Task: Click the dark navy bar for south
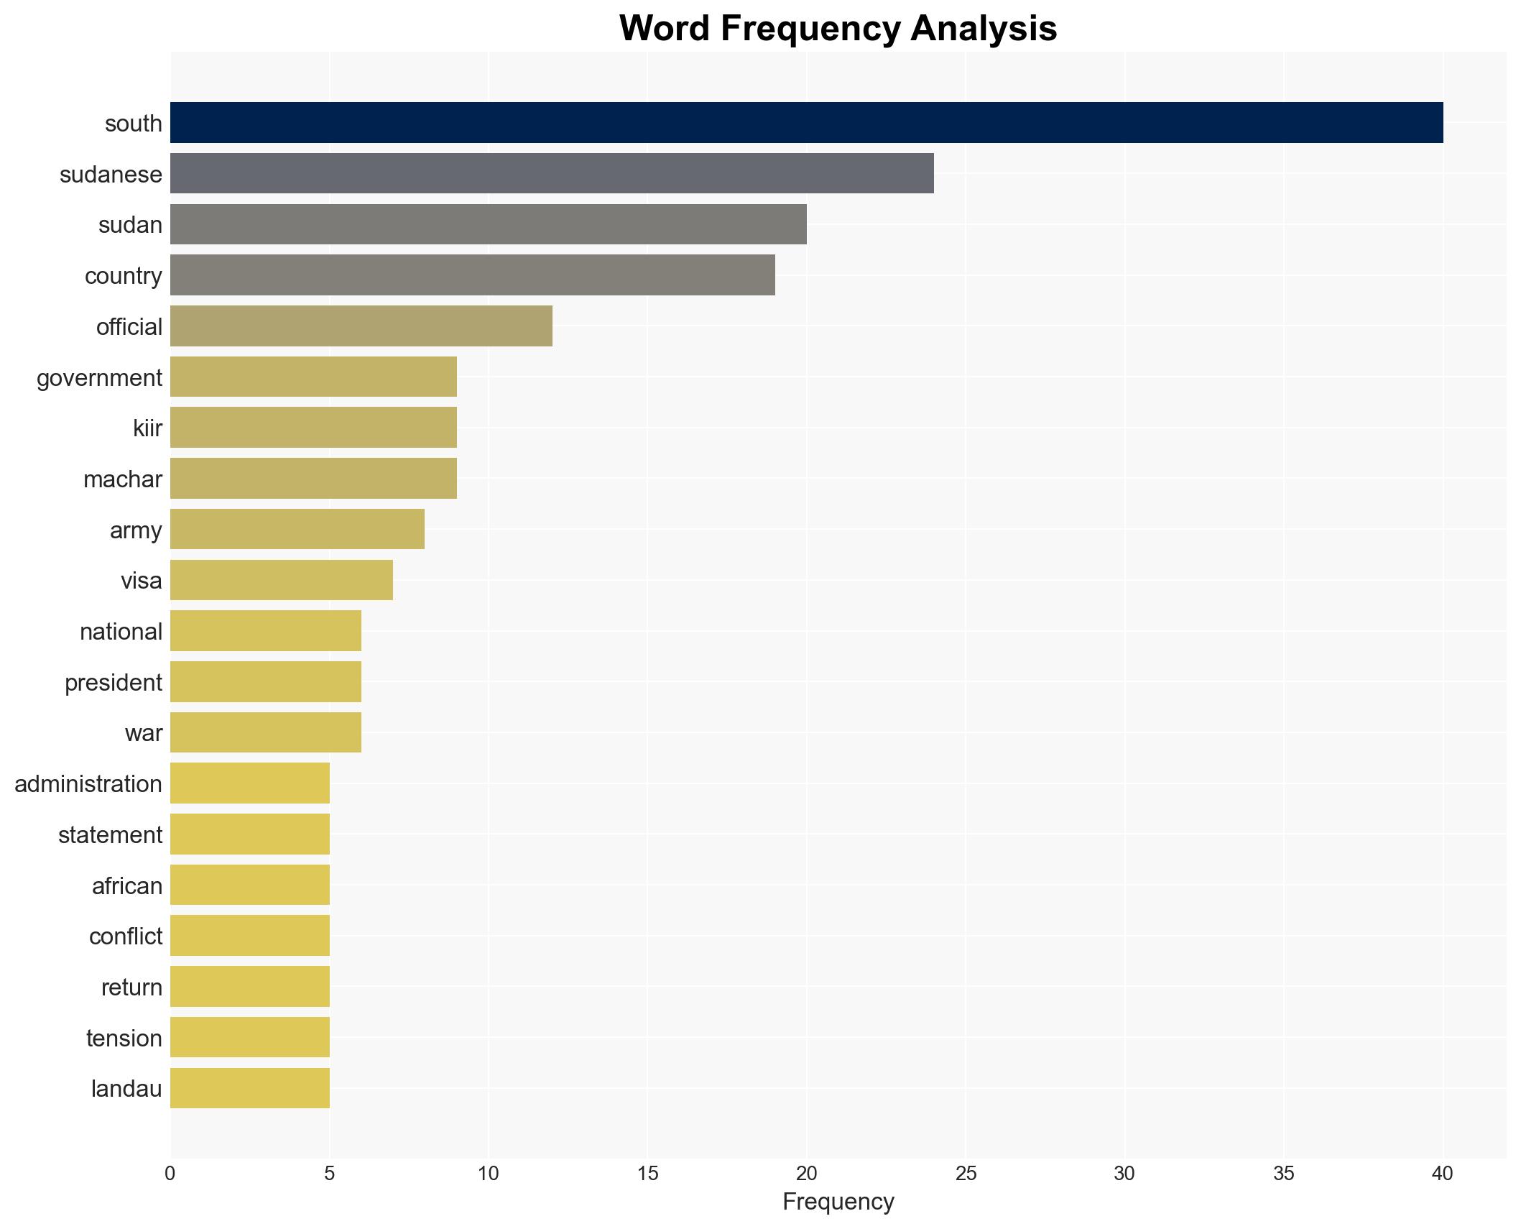point(806,123)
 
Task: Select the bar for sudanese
point(552,174)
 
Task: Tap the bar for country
point(472,275)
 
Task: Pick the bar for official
point(361,326)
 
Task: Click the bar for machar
point(313,479)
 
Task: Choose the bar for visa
point(281,580)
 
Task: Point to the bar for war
point(265,732)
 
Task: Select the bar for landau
point(249,1088)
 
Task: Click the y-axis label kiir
point(147,428)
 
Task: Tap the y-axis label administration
point(88,783)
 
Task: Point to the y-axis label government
point(99,377)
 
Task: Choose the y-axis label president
point(114,682)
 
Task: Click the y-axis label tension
point(124,1038)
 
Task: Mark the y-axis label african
point(127,885)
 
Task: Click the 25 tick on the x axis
point(966,1174)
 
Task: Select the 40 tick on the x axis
point(1442,1174)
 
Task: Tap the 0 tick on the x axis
point(170,1174)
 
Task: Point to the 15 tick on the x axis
point(647,1174)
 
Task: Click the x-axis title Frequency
point(838,1202)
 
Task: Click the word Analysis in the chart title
point(984,29)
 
